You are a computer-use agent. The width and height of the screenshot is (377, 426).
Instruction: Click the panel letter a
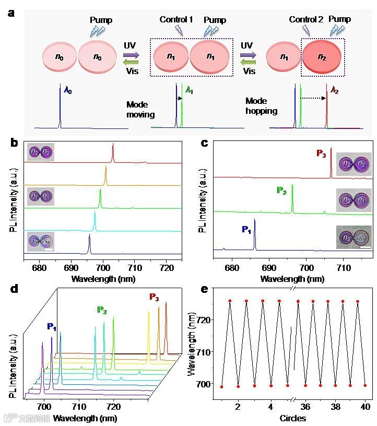pyautogui.click(x=11, y=13)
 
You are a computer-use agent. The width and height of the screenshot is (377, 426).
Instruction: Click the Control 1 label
pyautogui.click(x=176, y=20)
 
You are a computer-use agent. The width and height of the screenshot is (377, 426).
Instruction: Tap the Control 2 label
pyautogui.click(x=306, y=20)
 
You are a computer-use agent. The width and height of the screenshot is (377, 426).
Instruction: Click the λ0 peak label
pyautogui.click(x=68, y=90)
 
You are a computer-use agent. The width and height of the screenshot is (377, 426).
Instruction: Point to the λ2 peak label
pyautogui.click(x=335, y=90)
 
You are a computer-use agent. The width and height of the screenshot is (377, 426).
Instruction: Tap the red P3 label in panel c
pyautogui.click(x=322, y=153)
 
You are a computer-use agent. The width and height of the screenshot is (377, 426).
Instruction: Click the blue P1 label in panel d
pyautogui.click(x=52, y=327)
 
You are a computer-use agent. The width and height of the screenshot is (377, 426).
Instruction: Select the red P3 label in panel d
pyautogui.click(x=155, y=297)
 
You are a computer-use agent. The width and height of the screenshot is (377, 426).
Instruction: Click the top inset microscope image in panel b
pyautogui.click(x=40, y=152)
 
